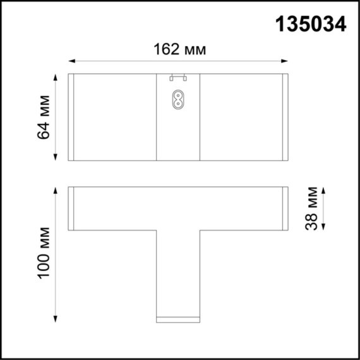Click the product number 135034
point(310,24)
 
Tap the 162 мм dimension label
point(179,49)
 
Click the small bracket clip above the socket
point(178,78)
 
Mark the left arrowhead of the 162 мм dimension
point(71,61)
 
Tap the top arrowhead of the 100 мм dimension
point(57,189)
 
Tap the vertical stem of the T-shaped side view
point(178,272)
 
